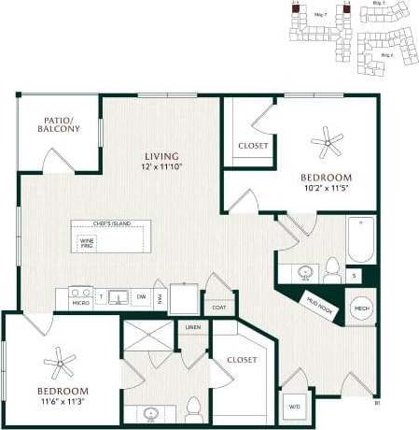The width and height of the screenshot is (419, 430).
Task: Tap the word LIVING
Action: [161, 155]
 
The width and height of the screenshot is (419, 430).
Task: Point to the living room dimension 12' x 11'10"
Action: [161, 166]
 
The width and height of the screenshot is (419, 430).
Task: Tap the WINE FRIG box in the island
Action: [88, 241]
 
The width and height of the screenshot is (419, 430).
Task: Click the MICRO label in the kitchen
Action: [81, 302]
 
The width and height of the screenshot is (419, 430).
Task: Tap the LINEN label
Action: [193, 327]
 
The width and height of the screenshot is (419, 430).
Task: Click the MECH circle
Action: [361, 309]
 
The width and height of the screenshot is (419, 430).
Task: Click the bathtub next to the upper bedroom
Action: [360, 240]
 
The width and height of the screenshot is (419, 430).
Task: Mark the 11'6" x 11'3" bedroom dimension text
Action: [63, 402]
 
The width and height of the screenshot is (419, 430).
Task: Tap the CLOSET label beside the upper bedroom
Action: [253, 146]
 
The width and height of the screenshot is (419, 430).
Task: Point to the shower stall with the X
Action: [149, 338]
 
